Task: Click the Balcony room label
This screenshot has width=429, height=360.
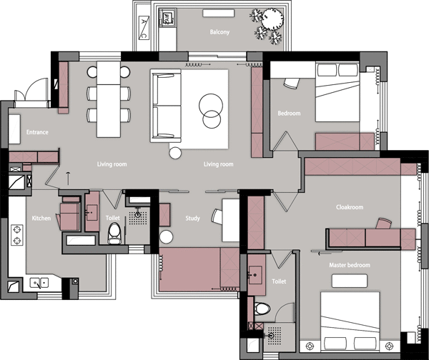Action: point(220,32)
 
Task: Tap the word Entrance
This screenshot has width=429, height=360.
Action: point(37,132)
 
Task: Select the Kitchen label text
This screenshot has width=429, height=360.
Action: point(41,218)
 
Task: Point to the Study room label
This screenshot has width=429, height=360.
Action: point(192,218)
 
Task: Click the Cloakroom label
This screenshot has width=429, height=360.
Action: point(350,207)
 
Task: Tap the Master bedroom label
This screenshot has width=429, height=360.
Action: point(350,265)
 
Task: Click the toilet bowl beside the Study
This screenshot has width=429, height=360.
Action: point(114,234)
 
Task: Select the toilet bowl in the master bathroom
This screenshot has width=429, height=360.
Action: point(262,309)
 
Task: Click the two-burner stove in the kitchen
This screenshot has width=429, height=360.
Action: point(17,235)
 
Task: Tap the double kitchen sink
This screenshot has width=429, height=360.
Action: point(39,283)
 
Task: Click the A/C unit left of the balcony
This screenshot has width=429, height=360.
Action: point(144,28)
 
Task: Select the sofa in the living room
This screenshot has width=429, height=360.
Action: point(166,106)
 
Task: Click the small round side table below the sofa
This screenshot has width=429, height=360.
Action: point(175,153)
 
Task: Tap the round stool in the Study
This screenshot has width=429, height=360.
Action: point(167,236)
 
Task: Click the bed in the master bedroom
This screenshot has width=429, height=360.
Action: point(350,321)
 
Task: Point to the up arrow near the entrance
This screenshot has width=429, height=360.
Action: point(68,179)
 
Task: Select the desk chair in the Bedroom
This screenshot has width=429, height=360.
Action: point(292,83)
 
